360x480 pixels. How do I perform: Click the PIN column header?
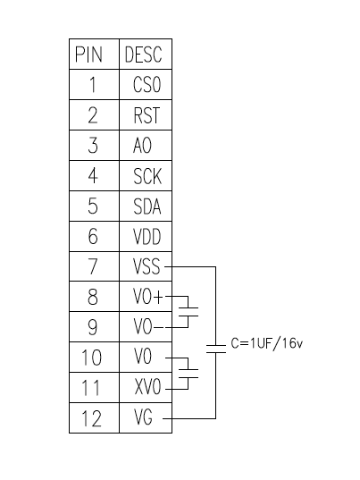click(88, 55)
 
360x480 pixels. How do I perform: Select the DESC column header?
click(143, 55)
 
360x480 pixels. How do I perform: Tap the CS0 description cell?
click(147, 84)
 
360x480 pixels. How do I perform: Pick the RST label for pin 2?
click(147, 115)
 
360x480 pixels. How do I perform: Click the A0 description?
click(142, 145)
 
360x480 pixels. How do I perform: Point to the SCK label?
click(147, 176)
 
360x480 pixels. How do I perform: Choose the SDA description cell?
click(147, 206)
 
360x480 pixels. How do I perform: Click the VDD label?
click(147, 236)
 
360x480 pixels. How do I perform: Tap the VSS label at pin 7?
click(147, 266)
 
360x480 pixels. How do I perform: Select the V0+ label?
click(148, 297)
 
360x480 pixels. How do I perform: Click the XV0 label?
click(147, 387)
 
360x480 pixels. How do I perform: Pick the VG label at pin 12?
click(143, 417)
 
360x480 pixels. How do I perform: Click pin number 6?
click(93, 236)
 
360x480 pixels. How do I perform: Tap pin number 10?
click(91, 358)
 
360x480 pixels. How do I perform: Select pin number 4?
click(93, 176)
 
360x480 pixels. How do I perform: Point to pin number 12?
click(91, 418)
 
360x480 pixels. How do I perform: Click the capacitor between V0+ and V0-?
click(188, 312)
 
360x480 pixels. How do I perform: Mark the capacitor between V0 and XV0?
click(188, 374)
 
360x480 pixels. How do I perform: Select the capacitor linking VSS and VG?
click(216, 349)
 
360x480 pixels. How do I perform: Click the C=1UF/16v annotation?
click(267, 343)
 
